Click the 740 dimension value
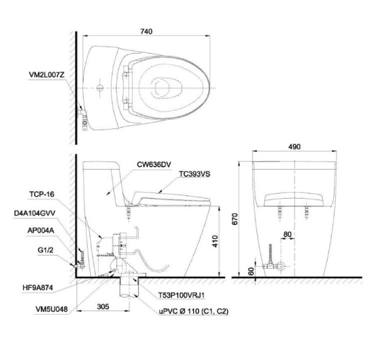coord(146,32)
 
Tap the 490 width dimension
coord(294,147)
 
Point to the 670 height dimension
coord(235,219)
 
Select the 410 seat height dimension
coord(215,241)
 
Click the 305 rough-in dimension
coord(103,306)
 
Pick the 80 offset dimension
coord(287,235)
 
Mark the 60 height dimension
coord(251,271)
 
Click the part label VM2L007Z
coord(47,75)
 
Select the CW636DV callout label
coord(154,165)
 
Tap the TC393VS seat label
coord(194,174)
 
